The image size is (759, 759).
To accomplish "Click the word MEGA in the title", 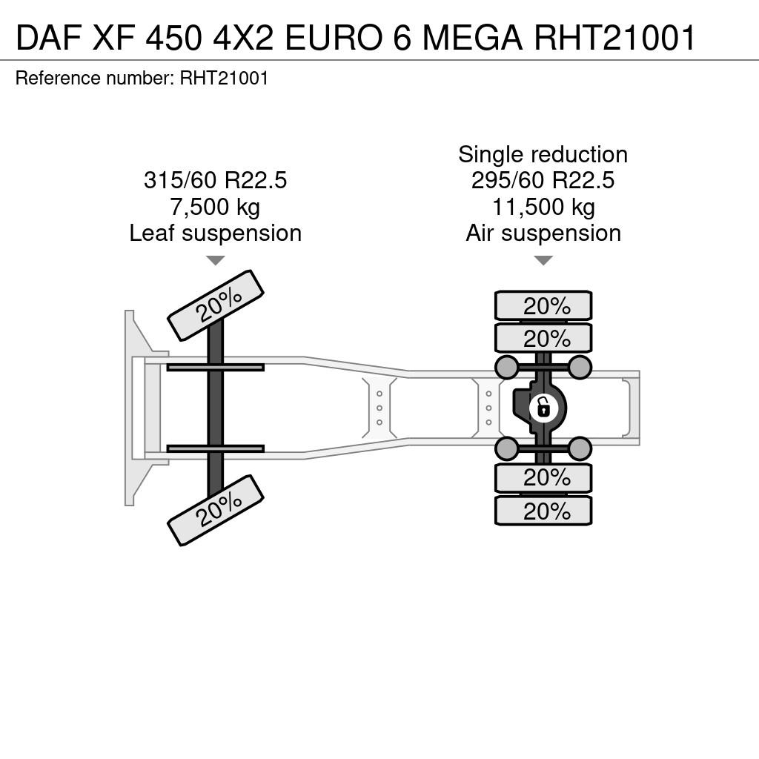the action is pos(472,37).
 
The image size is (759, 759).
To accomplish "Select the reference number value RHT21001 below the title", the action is pos(224,79).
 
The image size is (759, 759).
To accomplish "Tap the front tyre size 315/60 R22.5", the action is pos(216,180).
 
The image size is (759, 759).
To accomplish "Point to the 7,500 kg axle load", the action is pos(215,208).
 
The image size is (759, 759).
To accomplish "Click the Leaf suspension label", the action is pos(216,233).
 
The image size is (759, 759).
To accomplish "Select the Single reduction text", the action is pos(543,155).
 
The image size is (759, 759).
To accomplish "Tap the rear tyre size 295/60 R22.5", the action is pos(543,180).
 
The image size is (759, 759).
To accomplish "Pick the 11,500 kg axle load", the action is pos(543,208).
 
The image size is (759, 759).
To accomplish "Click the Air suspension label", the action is pos(543,233).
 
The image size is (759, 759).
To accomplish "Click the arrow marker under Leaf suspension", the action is pos(216,260).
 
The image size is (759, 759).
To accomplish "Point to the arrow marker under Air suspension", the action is pos(543,260).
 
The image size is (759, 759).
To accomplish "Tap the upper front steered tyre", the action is pos(216,305).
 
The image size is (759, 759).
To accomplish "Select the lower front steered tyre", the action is pos(216,510).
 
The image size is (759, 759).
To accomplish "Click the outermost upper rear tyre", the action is pos(543,305).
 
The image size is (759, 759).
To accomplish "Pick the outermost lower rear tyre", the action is pos(543,511).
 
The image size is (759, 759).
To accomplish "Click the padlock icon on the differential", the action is pos(543,408).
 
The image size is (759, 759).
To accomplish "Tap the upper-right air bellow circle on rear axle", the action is pos(580,368).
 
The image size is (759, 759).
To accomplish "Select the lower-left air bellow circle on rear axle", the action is pos(507,448).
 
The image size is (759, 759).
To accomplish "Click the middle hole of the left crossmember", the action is pos(379,408).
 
